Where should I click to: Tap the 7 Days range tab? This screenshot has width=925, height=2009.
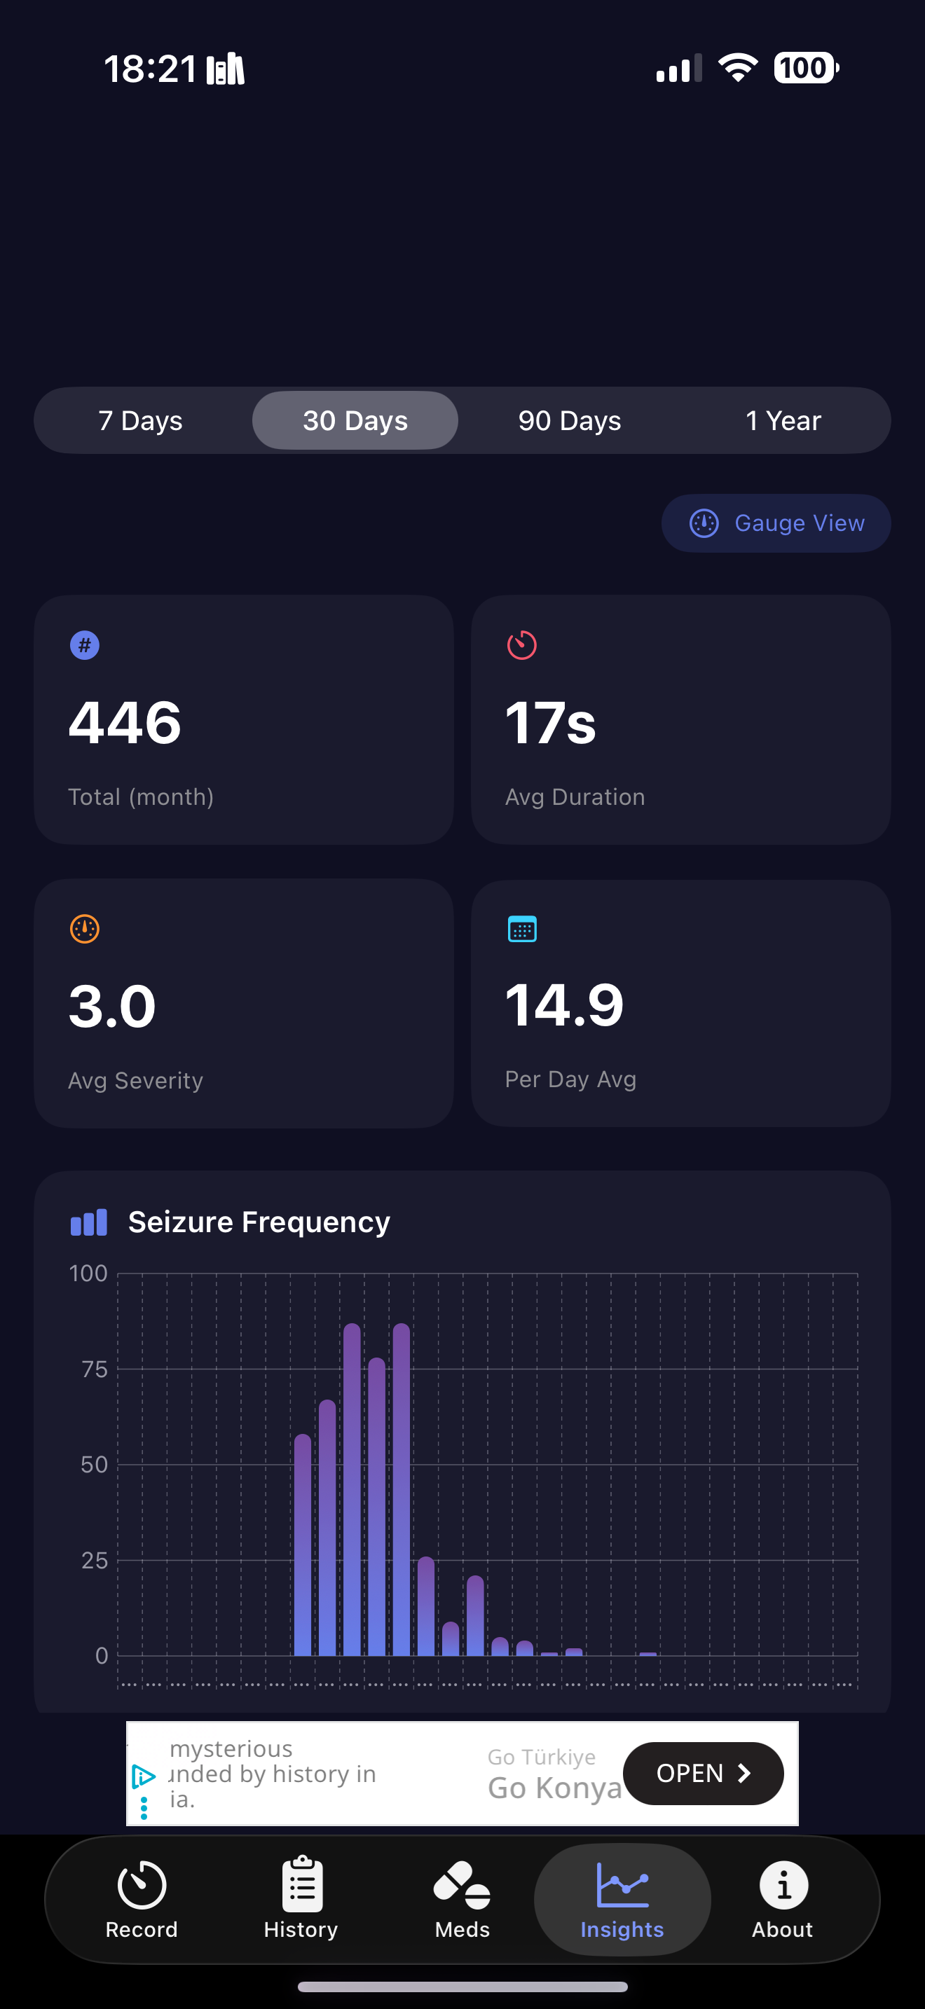(140, 420)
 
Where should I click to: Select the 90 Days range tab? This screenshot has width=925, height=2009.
(569, 420)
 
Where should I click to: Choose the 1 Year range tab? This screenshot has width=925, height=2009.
(783, 420)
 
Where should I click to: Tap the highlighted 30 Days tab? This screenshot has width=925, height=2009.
(355, 420)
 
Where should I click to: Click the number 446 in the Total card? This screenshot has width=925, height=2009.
(125, 722)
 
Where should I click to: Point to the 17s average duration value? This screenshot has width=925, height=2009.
(551, 722)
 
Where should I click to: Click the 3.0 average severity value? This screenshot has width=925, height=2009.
(112, 1006)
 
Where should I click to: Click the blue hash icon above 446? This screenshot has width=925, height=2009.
(85, 645)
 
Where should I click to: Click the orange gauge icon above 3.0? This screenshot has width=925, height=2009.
(85, 929)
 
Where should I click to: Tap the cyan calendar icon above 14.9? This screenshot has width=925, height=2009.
(522, 929)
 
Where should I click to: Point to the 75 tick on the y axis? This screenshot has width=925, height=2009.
(95, 1369)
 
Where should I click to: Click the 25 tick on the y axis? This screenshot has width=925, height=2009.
(95, 1561)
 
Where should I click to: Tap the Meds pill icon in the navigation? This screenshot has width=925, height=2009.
(462, 1886)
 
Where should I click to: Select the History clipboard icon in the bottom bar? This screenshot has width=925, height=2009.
(302, 1886)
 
